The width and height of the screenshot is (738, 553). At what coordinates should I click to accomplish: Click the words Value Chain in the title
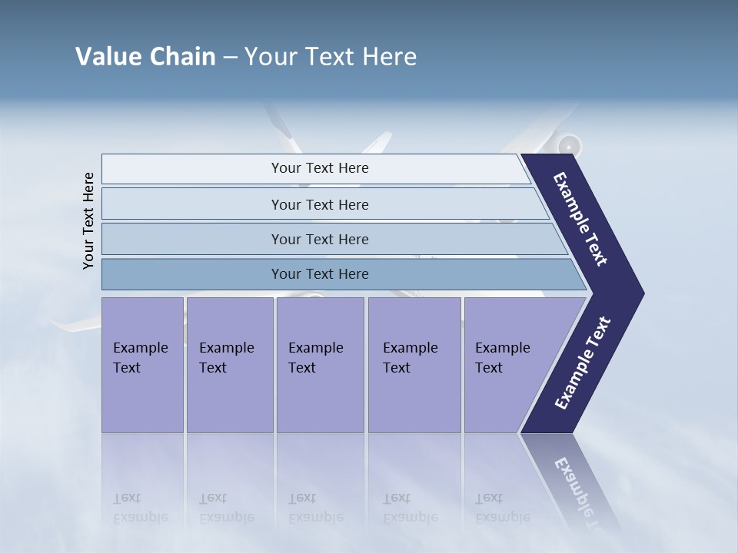tap(145, 57)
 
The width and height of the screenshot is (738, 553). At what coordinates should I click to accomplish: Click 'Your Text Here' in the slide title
tap(331, 57)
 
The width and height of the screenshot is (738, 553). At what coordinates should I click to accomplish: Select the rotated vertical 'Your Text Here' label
tap(88, 220)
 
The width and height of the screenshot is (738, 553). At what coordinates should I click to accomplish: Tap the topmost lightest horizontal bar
tap(319, 168)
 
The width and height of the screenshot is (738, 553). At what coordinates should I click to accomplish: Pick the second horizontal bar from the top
tap(319, 204)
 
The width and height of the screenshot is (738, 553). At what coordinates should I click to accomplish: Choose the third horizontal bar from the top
tap(319, 239)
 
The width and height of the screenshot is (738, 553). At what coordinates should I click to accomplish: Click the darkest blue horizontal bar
tap(319, 274)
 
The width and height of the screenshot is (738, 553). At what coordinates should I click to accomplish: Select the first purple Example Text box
tap(142, 365)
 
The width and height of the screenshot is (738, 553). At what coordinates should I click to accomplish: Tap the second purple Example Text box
tap(229, 365)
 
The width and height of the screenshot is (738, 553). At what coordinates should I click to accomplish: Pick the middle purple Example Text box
tap(320, 365)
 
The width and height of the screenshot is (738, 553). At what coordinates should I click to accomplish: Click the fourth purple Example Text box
tap(414, 365)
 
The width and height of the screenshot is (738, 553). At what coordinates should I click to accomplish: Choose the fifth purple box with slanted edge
tap(507, 365)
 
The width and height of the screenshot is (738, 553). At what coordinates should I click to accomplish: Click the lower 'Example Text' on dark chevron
tap(583, 362)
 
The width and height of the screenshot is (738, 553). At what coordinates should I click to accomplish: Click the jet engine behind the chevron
tap(569, 144)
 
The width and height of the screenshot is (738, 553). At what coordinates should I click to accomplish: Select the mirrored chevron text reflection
tap(580, 492)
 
